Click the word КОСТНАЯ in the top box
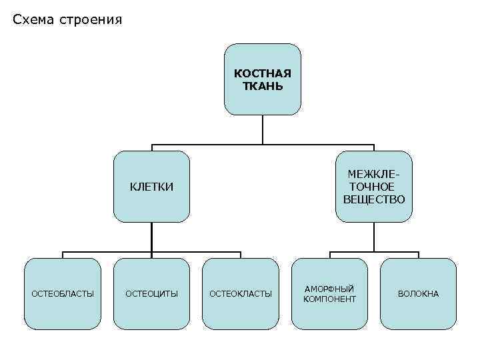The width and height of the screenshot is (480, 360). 263,73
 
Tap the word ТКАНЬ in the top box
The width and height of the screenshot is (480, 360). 263,86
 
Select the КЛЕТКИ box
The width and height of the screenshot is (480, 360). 151,187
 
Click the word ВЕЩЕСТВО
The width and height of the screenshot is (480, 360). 373,199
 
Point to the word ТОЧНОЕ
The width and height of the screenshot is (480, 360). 371,187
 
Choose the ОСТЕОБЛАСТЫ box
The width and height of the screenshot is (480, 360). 63,293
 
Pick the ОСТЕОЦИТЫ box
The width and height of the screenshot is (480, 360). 151,293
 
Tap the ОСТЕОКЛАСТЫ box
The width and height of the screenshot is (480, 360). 241,293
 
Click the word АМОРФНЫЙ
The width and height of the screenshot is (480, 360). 329,288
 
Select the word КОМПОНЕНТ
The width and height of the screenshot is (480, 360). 329,299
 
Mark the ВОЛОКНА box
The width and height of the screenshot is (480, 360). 419,293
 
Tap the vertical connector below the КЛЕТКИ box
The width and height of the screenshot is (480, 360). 151,237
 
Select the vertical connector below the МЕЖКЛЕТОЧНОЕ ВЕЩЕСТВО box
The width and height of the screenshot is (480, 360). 374,237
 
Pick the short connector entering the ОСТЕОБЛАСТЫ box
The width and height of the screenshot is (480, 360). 63,255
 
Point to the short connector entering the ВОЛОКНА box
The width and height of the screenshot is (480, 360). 419,255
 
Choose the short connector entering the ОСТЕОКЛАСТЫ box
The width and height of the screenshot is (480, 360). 241,255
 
